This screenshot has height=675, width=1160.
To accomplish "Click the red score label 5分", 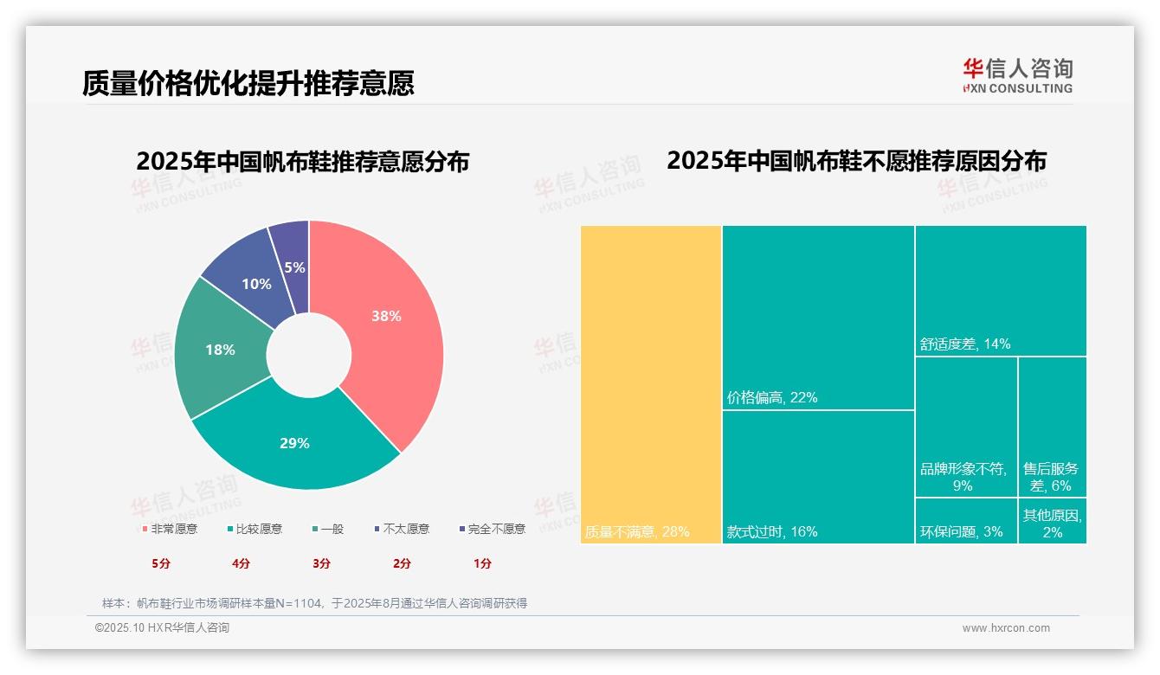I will coord(161,563).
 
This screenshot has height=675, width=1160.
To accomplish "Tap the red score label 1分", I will coord(482,563).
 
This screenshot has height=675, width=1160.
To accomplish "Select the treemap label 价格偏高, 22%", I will coord(772,398).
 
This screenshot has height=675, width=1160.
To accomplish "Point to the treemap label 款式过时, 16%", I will coord(772,531).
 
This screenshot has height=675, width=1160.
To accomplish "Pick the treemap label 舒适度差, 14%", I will coord(965,344).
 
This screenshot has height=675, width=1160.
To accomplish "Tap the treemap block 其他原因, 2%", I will coord(1052,522).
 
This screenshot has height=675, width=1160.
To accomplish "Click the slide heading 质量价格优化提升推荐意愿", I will coord(248,83).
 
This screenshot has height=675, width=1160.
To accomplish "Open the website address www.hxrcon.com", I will coord(1006,628).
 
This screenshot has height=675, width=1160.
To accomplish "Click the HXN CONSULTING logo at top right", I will coord(1017,75).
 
